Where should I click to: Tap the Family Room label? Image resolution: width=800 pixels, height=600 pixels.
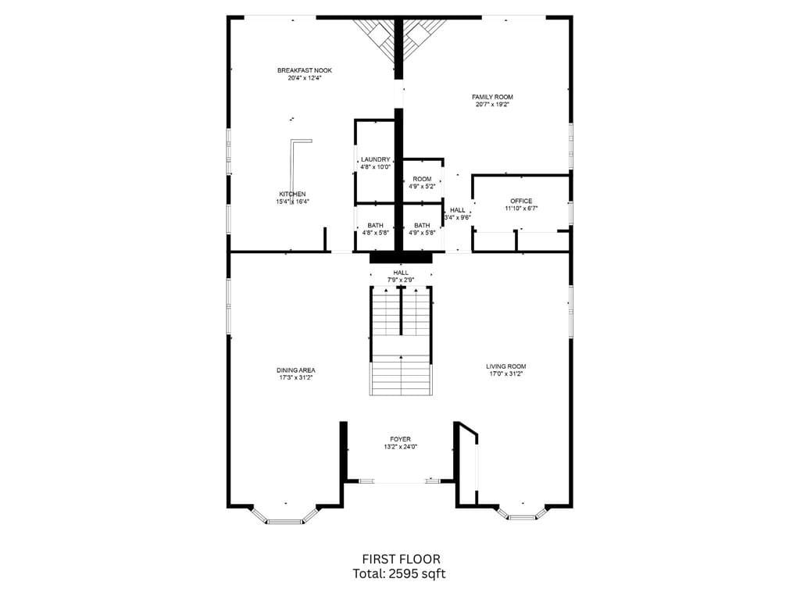pyautogui.click(x=492, y=97)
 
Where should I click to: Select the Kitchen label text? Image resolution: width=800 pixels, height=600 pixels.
pyautogui.click(x=292, y=194)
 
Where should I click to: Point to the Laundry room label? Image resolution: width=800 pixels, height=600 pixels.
pyautogui.click(x=375, y=159)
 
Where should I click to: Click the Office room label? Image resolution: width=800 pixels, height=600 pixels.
pyautogui.click(x=521, y=201)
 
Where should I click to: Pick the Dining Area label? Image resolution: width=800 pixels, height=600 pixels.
pyautogui.click(x=296, y=370)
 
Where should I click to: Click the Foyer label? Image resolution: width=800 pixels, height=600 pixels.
pyautogui.click(x=400, y=439)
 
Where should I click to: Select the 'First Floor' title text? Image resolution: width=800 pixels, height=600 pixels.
pyautogui.click(x=401, y=559)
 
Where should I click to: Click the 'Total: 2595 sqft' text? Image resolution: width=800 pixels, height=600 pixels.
pyautogui.click(x=401, y=573)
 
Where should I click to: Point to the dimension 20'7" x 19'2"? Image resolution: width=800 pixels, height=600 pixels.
pyautogui.click(x=492, y=105)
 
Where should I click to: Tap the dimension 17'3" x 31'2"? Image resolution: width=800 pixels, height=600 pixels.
pyautogui.click(x=296, y=377)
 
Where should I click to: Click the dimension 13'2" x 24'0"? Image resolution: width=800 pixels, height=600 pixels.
pyautogui.click(x=400, y=447)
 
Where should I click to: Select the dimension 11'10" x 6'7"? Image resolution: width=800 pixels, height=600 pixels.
pyautogui.click(x=521, y=209)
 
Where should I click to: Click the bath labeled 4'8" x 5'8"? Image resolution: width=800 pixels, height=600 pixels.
pyautogui.click(x=375, y=229)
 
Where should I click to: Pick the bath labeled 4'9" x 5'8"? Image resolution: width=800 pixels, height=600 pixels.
pyautogui.click(x=422, y=229)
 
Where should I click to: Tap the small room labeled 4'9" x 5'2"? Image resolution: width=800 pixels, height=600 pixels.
pyautogui.click(x=422, y=183)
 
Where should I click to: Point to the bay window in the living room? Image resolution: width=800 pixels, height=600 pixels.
pyautogui.click(x=520, y=513)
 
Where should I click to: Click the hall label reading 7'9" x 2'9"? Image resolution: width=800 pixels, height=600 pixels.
pyautogui.click(x=400, y=276)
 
